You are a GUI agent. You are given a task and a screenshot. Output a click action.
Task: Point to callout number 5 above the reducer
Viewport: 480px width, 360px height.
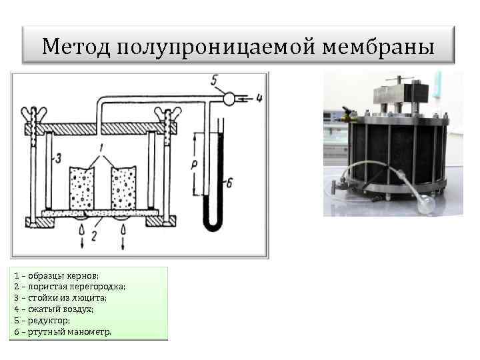coord(214,81)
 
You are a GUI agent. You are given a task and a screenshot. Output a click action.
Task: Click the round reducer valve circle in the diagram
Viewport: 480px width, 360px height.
coord(229,99)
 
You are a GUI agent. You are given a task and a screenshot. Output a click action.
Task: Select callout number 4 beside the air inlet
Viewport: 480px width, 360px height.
coord(259,99)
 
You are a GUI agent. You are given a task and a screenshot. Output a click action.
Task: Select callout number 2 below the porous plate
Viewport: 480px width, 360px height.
coord(95,235)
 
